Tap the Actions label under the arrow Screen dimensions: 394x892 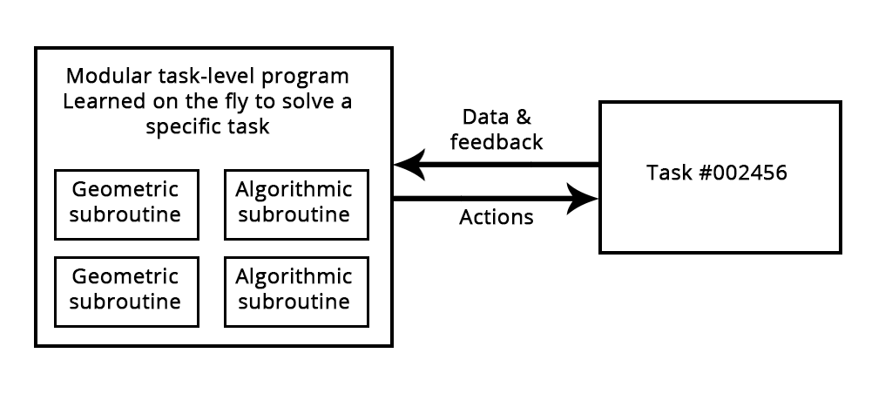496,218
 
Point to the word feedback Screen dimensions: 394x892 497,142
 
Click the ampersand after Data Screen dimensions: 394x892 522,117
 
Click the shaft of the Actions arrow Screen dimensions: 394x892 479,199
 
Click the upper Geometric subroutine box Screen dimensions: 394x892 125,203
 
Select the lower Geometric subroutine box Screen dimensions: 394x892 125,290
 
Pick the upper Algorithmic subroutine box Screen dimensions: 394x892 294,203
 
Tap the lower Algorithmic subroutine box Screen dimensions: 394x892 294,290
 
